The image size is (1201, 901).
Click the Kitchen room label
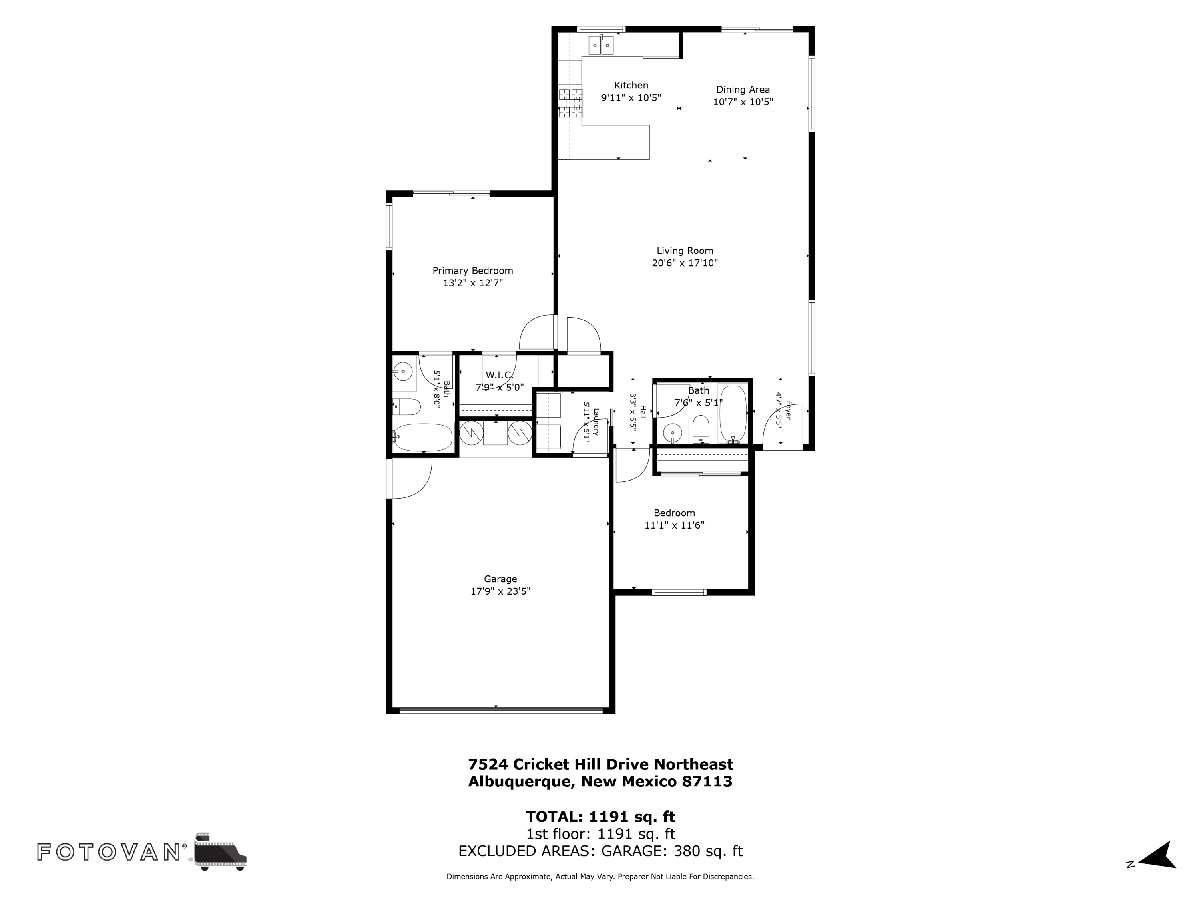(631, 85)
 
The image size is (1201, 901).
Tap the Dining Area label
(743, 90)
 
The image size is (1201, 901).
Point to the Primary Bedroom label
(472, 270)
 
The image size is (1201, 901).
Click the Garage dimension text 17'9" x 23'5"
(500, 591)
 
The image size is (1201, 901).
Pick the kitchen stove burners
(570, 103)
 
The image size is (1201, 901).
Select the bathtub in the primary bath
(423, 438)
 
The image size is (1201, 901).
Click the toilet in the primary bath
(406, 407)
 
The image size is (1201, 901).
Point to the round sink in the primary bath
(402, 372)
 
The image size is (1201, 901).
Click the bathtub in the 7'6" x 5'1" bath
(733, 414)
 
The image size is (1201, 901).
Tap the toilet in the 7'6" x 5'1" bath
(701, 430)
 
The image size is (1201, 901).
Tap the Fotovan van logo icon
(220, 851)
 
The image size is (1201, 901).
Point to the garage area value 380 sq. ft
(708, 851)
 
